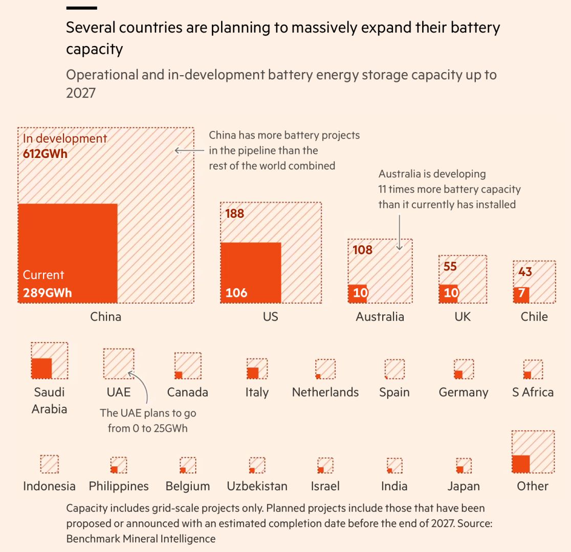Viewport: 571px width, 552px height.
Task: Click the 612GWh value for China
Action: click(x=46, y=153)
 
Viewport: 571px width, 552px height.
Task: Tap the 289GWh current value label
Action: click(x=48, y=293)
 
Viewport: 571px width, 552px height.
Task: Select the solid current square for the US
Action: click(x=251, y=272)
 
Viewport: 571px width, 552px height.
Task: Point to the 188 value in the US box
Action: click(x=235, y=213)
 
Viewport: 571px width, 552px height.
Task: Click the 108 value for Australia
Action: click(x=363, y=250)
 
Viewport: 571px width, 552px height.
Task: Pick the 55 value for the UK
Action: click(x=450, y=266)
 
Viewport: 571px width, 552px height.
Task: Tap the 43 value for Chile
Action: click(x=525, y=272)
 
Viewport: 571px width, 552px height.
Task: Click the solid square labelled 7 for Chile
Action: click(x=521, y=295)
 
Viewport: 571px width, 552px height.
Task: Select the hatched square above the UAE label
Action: click(x=119, y=364)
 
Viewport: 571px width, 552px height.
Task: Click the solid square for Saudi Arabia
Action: click(x=41, y=369)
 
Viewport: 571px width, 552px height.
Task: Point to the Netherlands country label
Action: click(x=325, y=393)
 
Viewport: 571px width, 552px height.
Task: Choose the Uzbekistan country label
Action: click(x=257, y=486)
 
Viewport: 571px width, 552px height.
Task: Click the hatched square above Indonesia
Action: click(x=49, y=464)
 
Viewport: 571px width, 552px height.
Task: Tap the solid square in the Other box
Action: click(x=521, y=464)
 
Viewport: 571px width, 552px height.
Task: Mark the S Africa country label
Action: click(x=533, y=393)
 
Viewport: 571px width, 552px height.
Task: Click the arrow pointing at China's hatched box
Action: click(x=189, y=150)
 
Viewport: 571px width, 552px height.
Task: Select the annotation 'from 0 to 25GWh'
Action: click(x=147, y=428)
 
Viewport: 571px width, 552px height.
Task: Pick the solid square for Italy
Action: click(x=252, y=373)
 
